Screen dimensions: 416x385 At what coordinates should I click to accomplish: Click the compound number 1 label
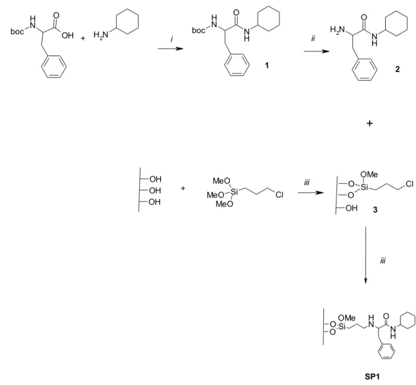point(267,65)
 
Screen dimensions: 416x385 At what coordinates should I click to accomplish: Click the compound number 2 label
point(397,69)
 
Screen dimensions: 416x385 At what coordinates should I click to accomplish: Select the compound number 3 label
point(375,210)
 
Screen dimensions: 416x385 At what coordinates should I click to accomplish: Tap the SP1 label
point(372,377)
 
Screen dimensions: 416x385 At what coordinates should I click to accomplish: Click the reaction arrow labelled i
point(170,48)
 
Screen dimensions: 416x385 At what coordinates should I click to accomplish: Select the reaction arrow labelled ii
point(317,51)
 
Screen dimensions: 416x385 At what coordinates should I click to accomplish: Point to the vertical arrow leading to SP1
point(366,255)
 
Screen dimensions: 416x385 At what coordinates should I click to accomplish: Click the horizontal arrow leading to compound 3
point(311,193)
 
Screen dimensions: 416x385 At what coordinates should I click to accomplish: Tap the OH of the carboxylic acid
point(68,35)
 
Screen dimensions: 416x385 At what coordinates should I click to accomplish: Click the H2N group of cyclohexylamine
point(101,35)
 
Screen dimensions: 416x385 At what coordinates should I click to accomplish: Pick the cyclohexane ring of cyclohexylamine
point(126,21)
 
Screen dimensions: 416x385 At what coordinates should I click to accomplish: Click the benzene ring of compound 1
point(237,65)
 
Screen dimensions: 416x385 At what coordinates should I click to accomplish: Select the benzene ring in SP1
point(386,351)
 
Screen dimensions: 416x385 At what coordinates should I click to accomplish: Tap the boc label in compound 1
point(199,30)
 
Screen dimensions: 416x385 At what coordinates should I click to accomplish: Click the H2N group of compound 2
point(337,30)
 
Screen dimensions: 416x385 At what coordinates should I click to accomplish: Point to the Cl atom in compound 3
point(409,184)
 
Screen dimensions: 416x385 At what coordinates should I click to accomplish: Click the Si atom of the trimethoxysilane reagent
point(234,191)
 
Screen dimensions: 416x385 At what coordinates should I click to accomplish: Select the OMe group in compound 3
point(369,174)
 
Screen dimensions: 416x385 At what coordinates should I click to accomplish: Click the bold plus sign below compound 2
point(370,123)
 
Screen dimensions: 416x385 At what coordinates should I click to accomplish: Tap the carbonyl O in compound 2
point(364,17)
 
